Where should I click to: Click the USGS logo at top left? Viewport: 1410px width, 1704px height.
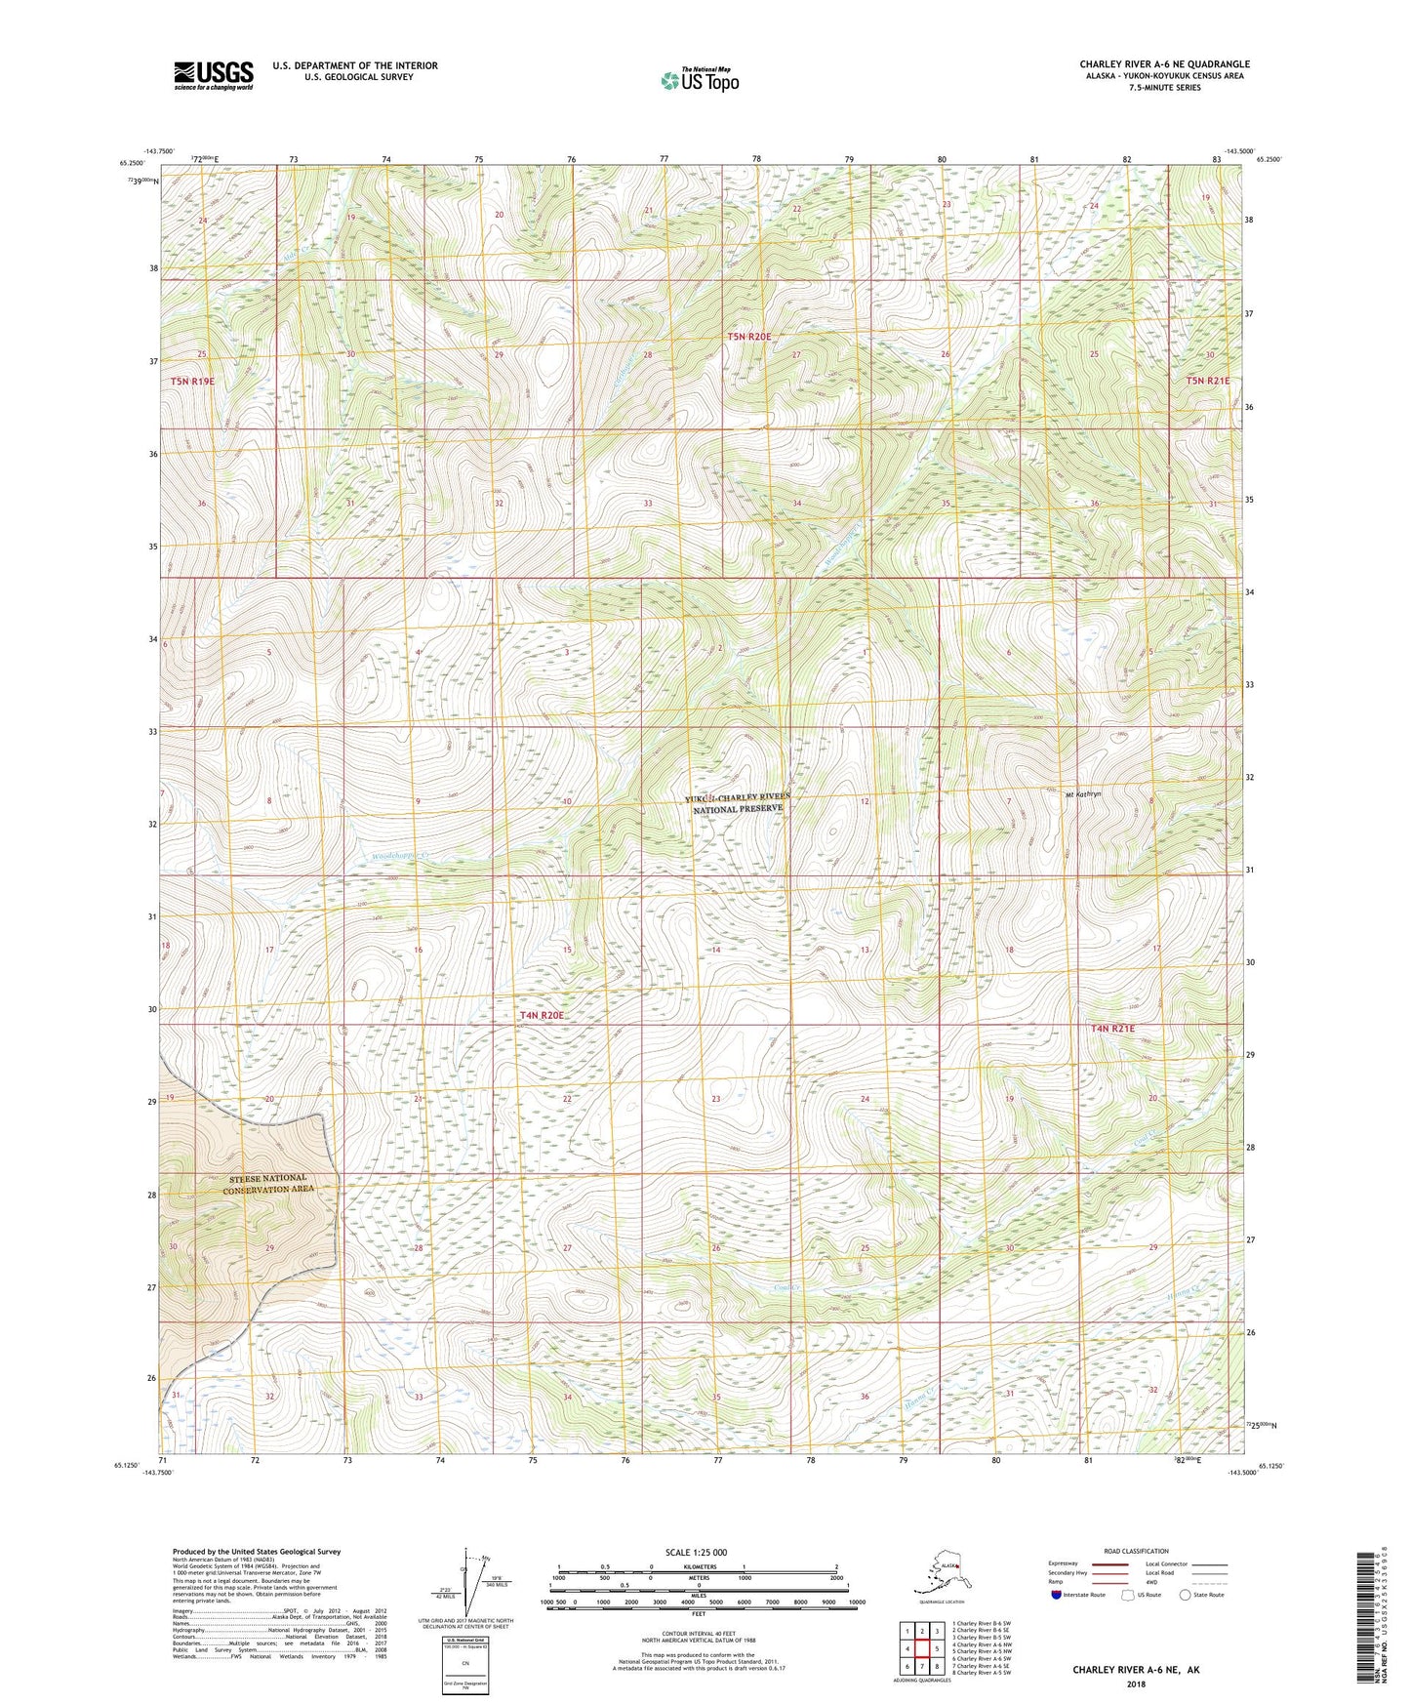coord(213,74)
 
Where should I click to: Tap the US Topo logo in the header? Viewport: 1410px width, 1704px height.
coord(699,79)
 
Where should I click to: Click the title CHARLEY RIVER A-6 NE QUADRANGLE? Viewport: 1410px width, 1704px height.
coord(1164,64)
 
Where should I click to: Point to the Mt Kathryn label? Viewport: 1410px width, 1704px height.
coord(1082,794)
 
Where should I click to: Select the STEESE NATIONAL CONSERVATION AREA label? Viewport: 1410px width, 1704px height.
coord(264,1184)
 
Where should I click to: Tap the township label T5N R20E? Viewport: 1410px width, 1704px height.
coord(749,337)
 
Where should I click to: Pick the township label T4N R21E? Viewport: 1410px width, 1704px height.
coord(1112,1029)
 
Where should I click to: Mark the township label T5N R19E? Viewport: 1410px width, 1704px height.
coord(192,382)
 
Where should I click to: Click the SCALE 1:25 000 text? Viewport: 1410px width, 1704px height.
coord(697,1552)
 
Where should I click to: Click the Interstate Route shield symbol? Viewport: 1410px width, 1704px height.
coord(1057,1595)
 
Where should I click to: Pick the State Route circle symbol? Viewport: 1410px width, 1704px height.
coord(1185,1595)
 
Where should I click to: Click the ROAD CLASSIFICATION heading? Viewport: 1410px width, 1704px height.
coord(1136,1551)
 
